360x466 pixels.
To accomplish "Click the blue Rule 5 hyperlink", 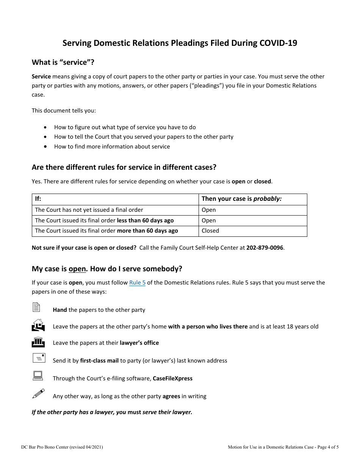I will tap(137, 283).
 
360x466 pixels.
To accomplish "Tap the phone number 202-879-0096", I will tap(265, 248).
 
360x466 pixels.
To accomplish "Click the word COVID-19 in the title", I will tap(278, 43).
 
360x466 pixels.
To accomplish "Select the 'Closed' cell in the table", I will tap(210, 231).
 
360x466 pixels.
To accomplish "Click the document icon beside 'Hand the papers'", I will tap(36, 307).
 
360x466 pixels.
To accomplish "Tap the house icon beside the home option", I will tap(38, 325).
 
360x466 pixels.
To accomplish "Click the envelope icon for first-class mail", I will tap(39, 358).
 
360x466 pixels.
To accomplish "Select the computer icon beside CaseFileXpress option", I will tap(38, 376).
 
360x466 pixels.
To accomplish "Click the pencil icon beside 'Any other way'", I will tap(38, 394).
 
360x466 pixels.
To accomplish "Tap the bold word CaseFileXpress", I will tap(172, 378).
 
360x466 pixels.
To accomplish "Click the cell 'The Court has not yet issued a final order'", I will tap(89, 210).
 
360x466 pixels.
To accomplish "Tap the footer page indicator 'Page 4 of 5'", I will tap(328, 447).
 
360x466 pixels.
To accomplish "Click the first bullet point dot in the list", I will tap(46, 127).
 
